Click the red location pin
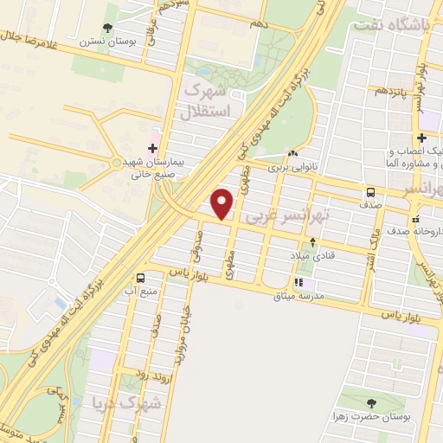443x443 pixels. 222,202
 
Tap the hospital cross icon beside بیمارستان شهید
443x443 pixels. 153,148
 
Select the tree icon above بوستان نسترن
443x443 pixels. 107,29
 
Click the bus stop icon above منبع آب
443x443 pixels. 140,278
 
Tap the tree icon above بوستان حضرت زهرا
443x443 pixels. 371,403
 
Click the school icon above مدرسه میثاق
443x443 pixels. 299,282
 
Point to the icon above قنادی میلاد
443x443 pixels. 311,241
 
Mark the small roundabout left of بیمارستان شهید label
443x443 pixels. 117,162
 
